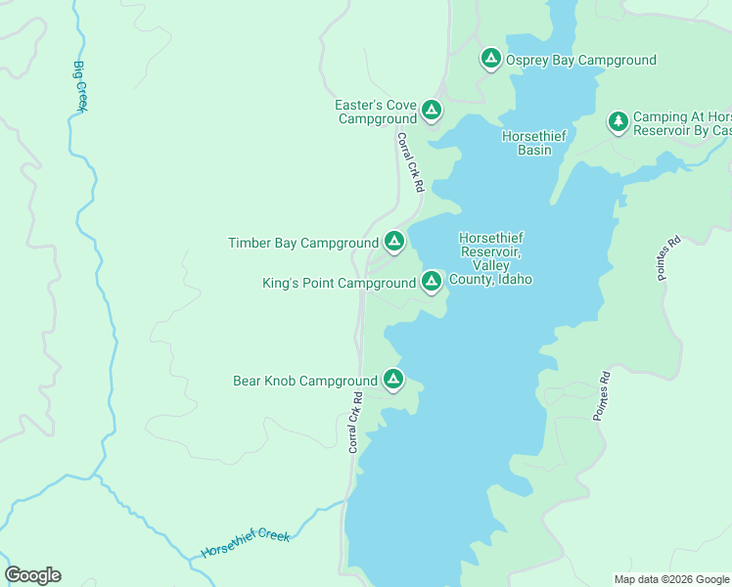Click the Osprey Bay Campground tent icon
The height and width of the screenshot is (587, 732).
tap(491, 59)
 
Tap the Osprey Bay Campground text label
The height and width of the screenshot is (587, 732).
tap(580, 61)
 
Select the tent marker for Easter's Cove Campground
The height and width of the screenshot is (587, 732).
tap(432, 112)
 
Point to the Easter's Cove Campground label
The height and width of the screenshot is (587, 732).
tap(377, 113)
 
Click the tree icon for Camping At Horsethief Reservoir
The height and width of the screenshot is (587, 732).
tap(618, 121)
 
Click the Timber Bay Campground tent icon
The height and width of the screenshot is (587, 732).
tap(393, 241)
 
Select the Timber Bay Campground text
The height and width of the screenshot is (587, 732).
tap(302, 244)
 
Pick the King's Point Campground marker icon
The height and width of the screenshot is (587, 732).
tap(431, 282)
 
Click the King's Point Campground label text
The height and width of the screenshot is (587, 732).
tap(339, 284)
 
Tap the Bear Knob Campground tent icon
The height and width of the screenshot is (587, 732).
tap(392, 379)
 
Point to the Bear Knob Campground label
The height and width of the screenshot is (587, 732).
tap(304, 382)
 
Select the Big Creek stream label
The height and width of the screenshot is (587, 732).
tap(80, 86)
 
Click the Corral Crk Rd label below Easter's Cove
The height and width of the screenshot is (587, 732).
tap(410, 162)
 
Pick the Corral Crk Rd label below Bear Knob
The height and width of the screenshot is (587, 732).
tap(355, 423)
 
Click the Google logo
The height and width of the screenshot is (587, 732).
tap(32, 575)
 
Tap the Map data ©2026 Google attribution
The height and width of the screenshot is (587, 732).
tap(671, 579)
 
